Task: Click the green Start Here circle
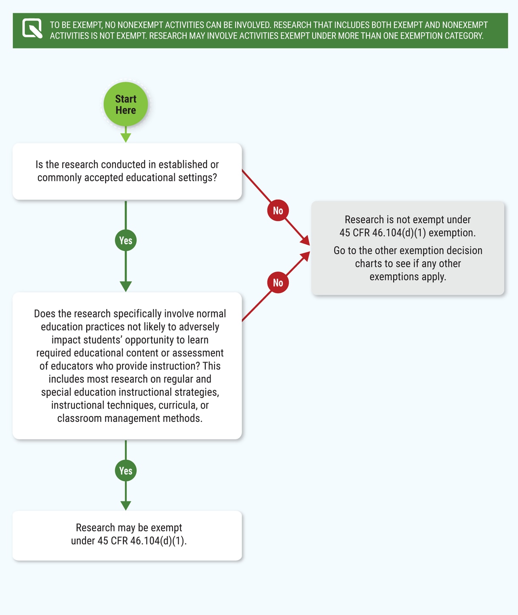point(126,104)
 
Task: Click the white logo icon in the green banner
point(32,28)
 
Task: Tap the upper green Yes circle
point(126,240)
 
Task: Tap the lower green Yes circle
point(126,471)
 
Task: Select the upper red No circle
point(278,211)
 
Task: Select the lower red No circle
point(278,283)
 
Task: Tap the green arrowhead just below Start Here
point(126,138)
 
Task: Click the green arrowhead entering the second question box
point(126,286)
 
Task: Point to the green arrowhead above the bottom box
point(126,505)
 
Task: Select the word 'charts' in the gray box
point(369,264)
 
